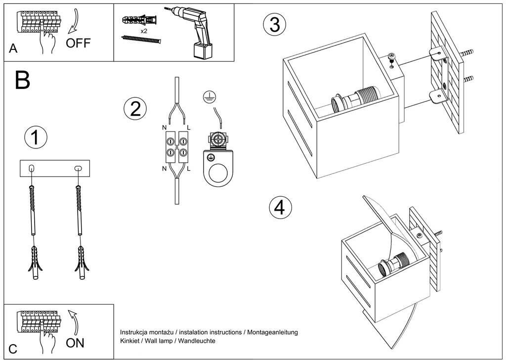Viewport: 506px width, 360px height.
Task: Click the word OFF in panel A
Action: (x=78, y=43)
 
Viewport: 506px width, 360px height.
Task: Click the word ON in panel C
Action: (x=75, y=343)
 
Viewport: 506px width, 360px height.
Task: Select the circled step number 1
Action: (x=36, y=137)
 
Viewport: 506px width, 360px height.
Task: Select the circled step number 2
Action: (x=135, y=109)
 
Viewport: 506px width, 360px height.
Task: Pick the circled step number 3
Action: (x=275, y=25)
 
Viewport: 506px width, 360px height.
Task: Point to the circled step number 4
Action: (x=280, y=208)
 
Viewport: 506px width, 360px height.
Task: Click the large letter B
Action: (x=23, y=80)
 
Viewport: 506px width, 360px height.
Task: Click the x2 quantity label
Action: (x=144, y=31)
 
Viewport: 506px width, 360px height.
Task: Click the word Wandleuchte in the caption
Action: (x=197, y=341)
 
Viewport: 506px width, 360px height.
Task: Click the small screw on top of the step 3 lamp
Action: (x=392, y=57)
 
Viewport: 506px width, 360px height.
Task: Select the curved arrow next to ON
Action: (x=74, y=322)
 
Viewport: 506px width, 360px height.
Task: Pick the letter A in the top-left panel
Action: (x=13, y=48)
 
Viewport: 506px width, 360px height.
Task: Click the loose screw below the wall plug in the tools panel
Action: (x=141, y=40)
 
